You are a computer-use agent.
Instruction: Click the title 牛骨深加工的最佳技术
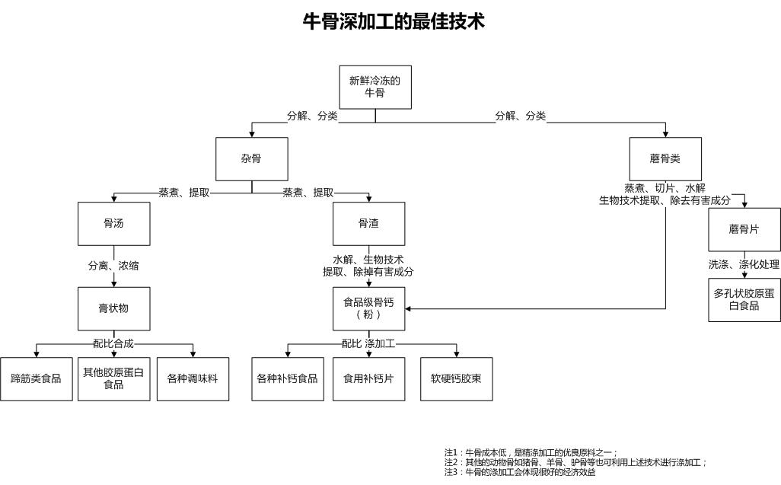(394, 21)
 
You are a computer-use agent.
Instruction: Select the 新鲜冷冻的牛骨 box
(375, 87)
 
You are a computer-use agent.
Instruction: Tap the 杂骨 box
(251, 158)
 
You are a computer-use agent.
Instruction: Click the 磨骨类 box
(665, 158)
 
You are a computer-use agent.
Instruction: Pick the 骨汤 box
(113, 223)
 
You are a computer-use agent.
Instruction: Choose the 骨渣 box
(368, 223)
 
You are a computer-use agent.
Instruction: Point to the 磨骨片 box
(744, 229)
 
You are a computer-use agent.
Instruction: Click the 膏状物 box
(113, 308)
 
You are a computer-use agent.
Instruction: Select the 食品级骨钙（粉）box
(368, 308)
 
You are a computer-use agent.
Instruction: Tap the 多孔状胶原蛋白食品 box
(744, 300)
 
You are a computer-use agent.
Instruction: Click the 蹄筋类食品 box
(36, 378)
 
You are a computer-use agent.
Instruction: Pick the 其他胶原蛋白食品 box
(113, 378)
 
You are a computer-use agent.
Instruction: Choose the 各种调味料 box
(193, 378)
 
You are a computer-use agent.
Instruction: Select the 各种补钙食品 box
(287, 378)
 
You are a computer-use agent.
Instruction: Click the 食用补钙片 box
(368, 378)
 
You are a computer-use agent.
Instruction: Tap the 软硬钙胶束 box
(456, 378)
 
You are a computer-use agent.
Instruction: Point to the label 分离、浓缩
(113, 266)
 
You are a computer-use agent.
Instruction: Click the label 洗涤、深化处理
(744, 264)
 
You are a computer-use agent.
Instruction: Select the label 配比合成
(113, 343)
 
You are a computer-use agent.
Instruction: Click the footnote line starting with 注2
(575, 462)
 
